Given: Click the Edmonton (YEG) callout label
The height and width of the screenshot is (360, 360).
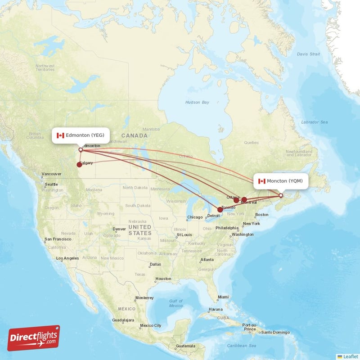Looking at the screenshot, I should click(x=81, y=135).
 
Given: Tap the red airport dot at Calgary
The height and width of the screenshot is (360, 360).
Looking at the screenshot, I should click(x=79, y=164).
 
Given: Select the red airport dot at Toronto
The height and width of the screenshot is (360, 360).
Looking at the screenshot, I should click(x=220, y=209).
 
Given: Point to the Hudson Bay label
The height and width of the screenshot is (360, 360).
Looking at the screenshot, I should click(x=197, y=103).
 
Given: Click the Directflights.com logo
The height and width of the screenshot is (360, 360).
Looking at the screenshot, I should click(x=34, y=338).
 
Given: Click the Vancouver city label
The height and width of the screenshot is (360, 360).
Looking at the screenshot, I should click(x=51, y=174).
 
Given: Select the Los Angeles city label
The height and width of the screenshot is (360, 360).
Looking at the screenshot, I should click(x=67, y=258).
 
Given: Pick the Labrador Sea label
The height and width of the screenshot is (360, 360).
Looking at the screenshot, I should click(x=314, y=122).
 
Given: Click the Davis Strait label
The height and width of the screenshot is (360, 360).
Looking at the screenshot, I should click(x=308, y=54).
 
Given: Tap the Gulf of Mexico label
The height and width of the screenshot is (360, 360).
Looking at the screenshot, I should click(x=176, y=303).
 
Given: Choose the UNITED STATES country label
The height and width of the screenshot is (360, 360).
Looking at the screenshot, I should click(x=139, y=230).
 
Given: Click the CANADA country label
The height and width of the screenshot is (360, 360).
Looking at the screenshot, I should click(x=135, y=135).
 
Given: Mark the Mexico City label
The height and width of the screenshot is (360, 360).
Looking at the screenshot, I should click(x=150, y=325).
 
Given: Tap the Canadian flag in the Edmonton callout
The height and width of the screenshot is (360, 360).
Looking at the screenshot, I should click(x=60, y=135).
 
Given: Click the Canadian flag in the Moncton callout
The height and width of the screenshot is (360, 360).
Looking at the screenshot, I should click(x=261, y=181).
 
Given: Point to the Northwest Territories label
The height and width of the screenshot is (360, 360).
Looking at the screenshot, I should click(x=45, y=67).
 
